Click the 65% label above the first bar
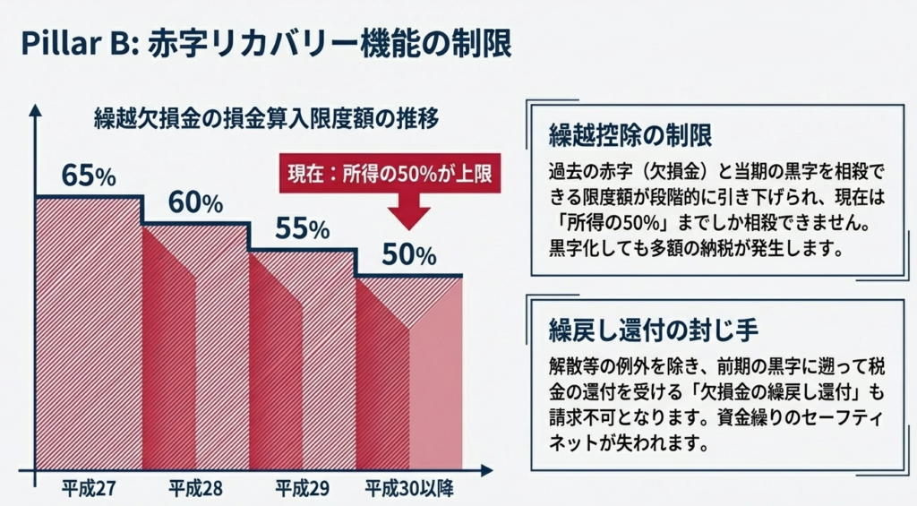[x=89, y=176]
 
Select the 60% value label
[x=195, y=202]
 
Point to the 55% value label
[x=302, y=228]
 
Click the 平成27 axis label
[x=89, y=489]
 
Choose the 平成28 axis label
[x=195, y=489]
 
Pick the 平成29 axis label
[x=302, y=489]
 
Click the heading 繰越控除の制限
[x=631, y=135]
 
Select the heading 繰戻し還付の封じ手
[x=654, y=329]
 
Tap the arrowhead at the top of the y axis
[x=34, y=110]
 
